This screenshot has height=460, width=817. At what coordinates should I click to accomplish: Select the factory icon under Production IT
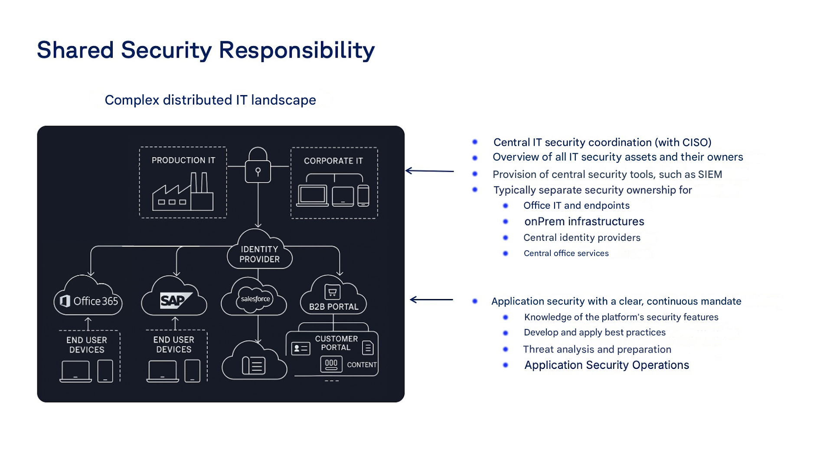pos(183,193)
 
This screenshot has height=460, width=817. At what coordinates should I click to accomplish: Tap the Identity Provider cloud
pos(259,253)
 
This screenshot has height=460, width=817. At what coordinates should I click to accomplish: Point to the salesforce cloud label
pos(255,299)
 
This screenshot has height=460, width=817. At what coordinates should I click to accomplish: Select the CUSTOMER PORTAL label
pos(336,343)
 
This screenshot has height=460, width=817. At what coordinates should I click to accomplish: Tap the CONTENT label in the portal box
pos(361,365)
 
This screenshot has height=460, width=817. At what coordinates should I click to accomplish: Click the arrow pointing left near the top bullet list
pos(429,171)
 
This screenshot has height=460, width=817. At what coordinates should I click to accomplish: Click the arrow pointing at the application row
pos(431,299)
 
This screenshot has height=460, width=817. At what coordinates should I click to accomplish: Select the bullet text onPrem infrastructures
pos(584,221)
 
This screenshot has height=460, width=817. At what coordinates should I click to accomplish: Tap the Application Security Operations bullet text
pos(606,365)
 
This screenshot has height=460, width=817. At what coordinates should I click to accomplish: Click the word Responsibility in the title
pos(297,50)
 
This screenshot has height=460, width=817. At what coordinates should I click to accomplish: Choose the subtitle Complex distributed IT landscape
pos(210,100)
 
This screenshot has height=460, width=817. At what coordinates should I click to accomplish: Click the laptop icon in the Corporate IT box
pos(312,196)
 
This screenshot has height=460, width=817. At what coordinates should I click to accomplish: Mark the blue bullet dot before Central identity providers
pos(505,237)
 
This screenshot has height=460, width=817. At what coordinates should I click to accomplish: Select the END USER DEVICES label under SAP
pos(173,345)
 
